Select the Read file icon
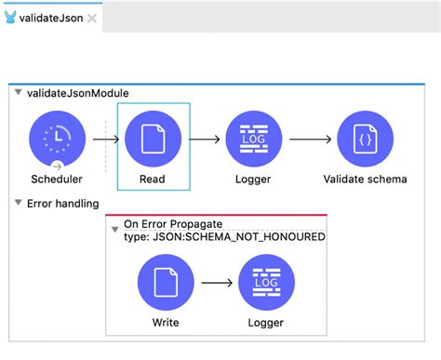pyautogui.click(x=153, y=140)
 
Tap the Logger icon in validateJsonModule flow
pyautogui.click(x=254, y=140)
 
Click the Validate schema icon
pyautogui.click(x=365, y=140)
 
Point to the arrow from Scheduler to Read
pyautogui.click(x=105, y=140)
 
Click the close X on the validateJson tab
pyautogui.click(x=92, y=19)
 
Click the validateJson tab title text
pyautogui.click(x=51, y=18)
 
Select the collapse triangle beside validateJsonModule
pyautogui.click(x=19, y=93)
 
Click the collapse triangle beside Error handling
pyautogui.click(x=19, y=203)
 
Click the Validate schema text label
pyautogui.click(x=365, y=180)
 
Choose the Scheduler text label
pyautogui.click(x=58, y=180)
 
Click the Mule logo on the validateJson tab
pyautogui.click(x=10, y=18)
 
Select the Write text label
pyautogui.click(x=165, y=323)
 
